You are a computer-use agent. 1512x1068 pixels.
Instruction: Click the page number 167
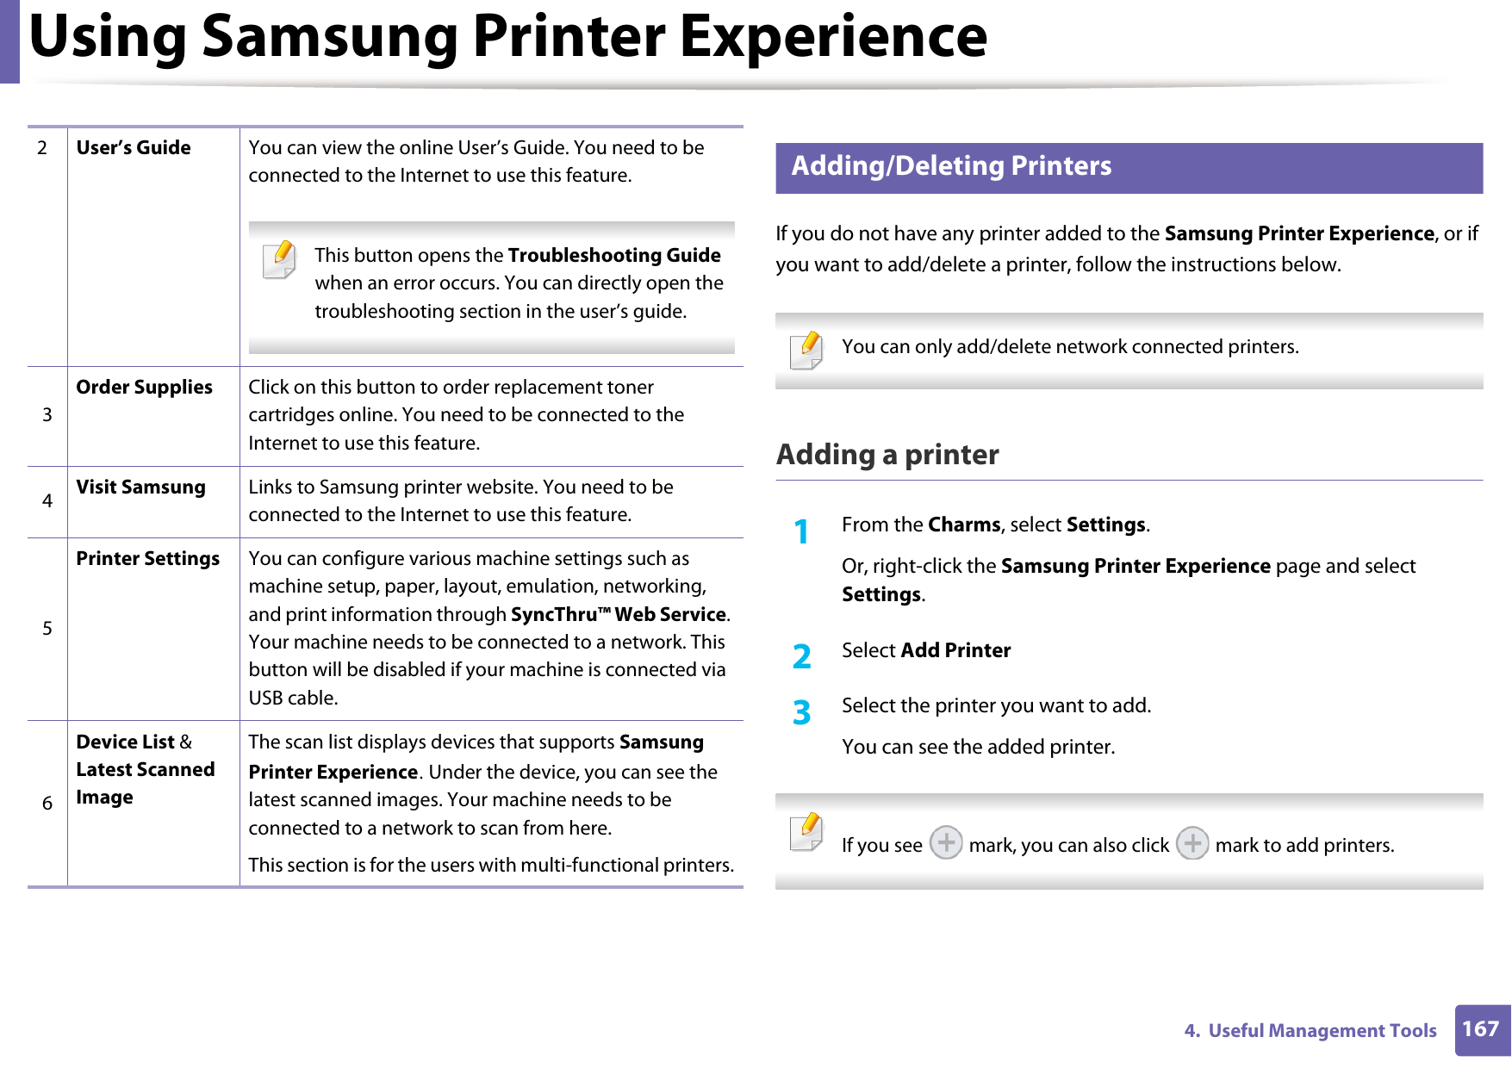[x=1481, y=1028]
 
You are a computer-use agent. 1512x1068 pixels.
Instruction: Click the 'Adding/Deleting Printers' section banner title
[x=951, y=165]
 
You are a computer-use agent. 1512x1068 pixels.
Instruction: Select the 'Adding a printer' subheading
[x=887, y=454]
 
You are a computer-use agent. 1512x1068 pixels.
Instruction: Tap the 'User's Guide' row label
[x=134, y=147]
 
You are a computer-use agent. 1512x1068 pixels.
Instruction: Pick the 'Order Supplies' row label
[x=144, y=387]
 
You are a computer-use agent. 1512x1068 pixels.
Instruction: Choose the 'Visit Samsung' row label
[x=140, y=487]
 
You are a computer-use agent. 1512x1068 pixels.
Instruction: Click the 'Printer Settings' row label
[x=147, y=558]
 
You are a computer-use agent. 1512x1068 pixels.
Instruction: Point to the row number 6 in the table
[x=47, y=803]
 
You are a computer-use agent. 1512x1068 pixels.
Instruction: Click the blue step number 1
[x=801, y=531]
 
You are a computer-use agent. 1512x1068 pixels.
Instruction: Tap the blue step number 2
[x=801, y=656]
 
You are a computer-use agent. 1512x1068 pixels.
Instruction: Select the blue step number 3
[x=801, y=712]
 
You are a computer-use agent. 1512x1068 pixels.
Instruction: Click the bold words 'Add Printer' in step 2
[x=955, y=650]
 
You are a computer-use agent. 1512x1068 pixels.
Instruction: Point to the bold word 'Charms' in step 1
[x=964, y=525]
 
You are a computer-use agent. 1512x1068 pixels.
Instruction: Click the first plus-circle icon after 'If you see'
[x=946, y=842]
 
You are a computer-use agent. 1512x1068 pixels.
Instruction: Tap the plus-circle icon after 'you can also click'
[x=1192, y=842]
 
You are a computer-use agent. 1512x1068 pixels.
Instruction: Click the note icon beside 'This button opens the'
[x=280, y=260]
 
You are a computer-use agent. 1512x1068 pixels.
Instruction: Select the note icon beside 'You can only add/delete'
[x=806, y=351]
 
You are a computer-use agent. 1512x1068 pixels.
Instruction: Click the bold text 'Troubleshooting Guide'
[x=614, y=255]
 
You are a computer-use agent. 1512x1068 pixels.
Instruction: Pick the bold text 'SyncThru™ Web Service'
[x=619, y=614]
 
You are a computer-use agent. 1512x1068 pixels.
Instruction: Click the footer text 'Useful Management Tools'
[x=1322, y=1030]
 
